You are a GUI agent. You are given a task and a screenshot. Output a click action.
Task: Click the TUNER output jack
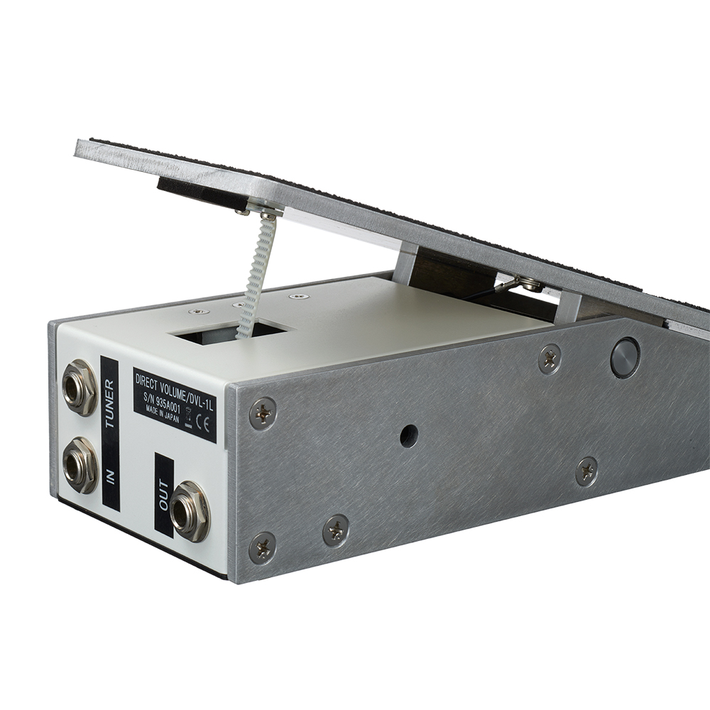[80, 387]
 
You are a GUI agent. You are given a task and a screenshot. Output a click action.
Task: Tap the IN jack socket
[80, 465]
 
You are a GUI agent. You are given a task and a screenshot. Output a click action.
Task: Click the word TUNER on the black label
[110, 405]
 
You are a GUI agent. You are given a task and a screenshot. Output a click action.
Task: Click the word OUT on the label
[164, 496]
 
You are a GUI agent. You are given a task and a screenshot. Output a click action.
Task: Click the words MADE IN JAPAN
[163, 413]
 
